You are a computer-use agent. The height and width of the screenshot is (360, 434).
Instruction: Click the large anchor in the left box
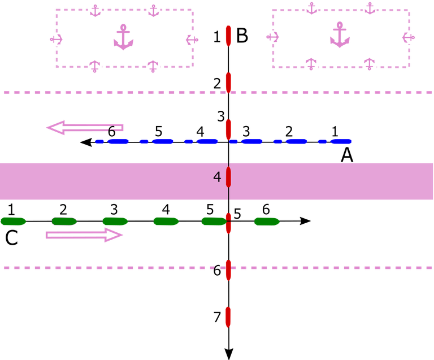pyautogui.click(x=123, y=38)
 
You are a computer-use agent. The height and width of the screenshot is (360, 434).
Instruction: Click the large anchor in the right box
pyautogui.click(x=340, y=35)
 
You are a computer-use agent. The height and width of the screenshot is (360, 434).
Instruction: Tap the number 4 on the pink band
pyautogui.click(x=217, y=177)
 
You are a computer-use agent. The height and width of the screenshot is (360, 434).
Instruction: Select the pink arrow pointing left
pyautogui.click(x=84, y=128)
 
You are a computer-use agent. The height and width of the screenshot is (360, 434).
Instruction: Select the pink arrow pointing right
pyautogui.click(x=84, y=235)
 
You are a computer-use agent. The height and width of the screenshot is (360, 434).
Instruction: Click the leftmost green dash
pyautogui.click(x=13, y=222)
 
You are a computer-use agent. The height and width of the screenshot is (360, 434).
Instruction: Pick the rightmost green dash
pyautogui.click(x=267, y=222)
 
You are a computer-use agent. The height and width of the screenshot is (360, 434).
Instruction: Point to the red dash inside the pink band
pyautogui.click(x=229, y=177)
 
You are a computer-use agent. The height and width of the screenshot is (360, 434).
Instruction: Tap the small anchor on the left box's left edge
pyautogui.click(x=55, y=39)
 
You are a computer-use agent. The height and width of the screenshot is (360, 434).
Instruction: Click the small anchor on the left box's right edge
pyautogui.click(x=193, y=39)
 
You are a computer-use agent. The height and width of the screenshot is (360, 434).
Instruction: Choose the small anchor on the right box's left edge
pyautogui.click(x=272, y=37)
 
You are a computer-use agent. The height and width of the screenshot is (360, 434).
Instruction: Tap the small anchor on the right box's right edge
pyautogui.click(x=410, y=37)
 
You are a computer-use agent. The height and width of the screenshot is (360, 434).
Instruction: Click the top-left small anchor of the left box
pyautogui.click(x=95, y=10)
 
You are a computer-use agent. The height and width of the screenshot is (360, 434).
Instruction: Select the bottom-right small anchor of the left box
pyautogui.click(x=153, y=67)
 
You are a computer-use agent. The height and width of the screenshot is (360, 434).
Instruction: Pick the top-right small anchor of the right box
pyautogui.click(x=370, y=8)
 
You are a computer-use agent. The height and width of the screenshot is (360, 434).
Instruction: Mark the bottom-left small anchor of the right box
pyautogui.click(x=310, y=64)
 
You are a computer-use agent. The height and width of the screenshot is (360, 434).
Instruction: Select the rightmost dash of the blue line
pyautogui.click(x=341, y=141)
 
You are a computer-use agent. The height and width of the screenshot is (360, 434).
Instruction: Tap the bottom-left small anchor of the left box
pyautogui.click(x=94, y=67)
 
